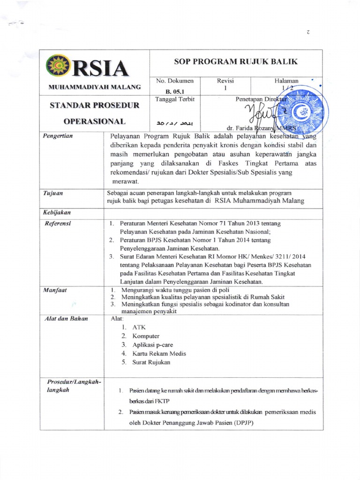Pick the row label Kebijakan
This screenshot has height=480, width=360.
(x=58, y=212)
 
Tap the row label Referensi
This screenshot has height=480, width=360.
(x=58, y=224)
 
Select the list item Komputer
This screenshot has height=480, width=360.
(x=146, y=336)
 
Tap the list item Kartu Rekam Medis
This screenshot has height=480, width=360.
(x=159, y=353)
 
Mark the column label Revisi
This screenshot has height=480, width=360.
(x=225, y=81)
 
